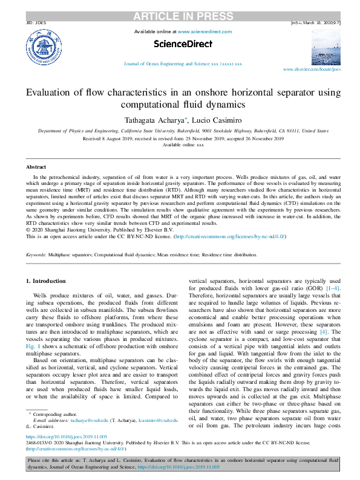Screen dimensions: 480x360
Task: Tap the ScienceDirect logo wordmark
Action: click(x=183, y=44)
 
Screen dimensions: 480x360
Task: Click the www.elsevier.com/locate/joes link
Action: click(x=312, y=70)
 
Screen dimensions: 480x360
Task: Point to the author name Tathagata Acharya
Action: click(x=164, y=119)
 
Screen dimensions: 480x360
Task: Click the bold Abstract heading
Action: click(x=36, y=167)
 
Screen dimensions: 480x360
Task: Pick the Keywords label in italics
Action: click(x=36, y=256)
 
